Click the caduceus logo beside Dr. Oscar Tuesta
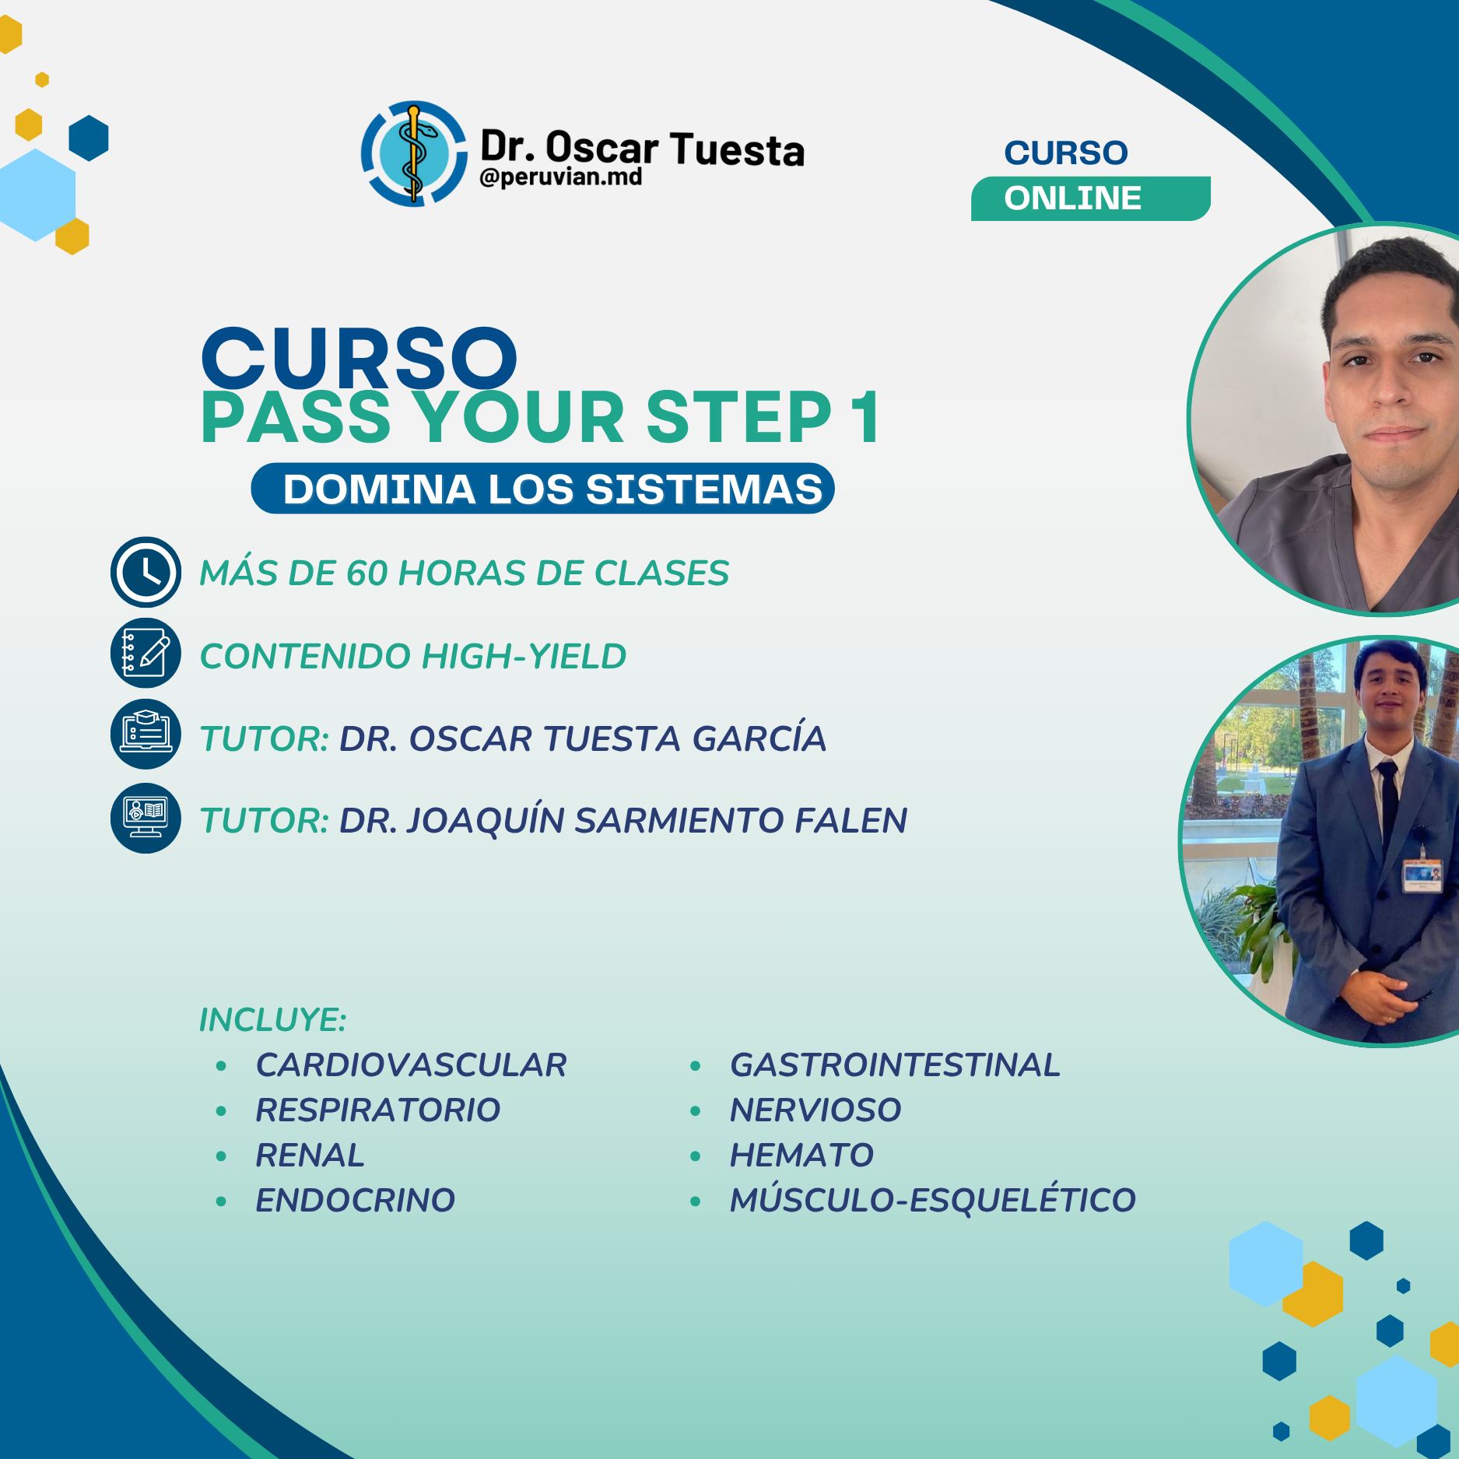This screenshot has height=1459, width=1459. click(414, 154)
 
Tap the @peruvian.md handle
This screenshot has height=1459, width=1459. click(561, 177)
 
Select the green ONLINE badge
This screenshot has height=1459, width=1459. click(1089, 198)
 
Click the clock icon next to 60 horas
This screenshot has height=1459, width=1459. click(146, 572)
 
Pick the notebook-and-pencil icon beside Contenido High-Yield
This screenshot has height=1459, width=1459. click(146, 654)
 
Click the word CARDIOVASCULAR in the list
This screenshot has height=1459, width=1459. click(411, 1065)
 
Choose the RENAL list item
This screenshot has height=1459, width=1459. click(310, 1156)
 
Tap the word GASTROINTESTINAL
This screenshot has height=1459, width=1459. click(895, 1065)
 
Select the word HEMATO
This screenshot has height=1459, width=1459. click(801, 1156)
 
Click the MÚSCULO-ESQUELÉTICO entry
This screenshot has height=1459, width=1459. click(932, 1201)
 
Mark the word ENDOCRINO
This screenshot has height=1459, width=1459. click(355, 1201)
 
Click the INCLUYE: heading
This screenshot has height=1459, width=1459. click(272, 1020)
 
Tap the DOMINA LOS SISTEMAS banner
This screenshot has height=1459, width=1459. click(542, 489)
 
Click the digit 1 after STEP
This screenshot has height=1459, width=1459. click(865, 418)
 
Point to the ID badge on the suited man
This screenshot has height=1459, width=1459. click(1422, 875)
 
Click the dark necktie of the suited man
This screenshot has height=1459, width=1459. click(1389, 801)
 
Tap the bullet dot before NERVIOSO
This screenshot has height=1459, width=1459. click(695, 1111)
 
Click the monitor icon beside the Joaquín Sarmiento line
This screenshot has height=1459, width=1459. click(146, 818)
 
